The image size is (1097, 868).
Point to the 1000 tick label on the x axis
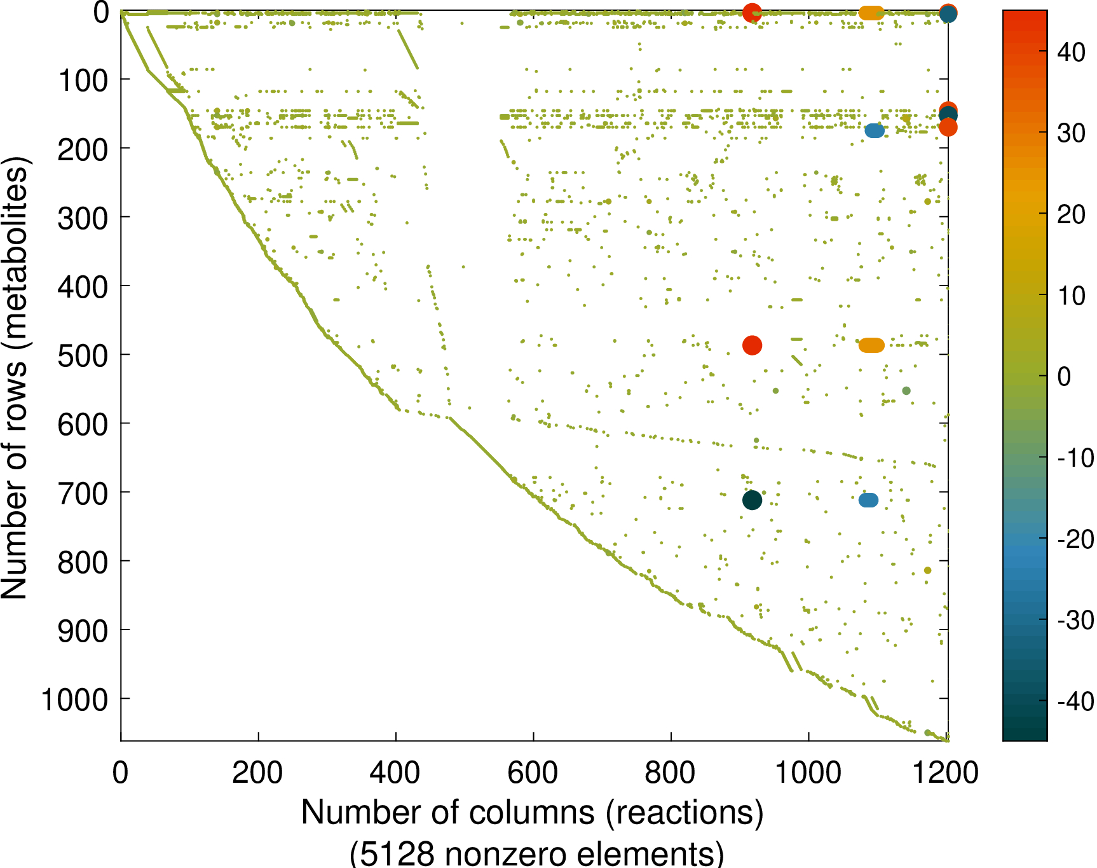808,773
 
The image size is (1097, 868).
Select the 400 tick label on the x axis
395,773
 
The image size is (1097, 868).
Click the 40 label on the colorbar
1071,52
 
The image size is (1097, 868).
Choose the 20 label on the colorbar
1071,214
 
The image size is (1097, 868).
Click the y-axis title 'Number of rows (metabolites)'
15,378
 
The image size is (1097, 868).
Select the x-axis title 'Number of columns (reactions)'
533,813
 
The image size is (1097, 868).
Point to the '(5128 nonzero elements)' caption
536,852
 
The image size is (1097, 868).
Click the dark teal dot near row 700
752,500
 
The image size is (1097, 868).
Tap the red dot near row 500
752,345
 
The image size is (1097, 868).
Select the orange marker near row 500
871,345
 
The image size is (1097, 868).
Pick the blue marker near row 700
868,500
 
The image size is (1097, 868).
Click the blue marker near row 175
875,130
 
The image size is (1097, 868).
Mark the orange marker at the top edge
871,13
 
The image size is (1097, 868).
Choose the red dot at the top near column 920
752,12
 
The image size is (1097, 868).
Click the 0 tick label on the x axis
120,773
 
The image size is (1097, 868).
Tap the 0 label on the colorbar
1064,376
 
